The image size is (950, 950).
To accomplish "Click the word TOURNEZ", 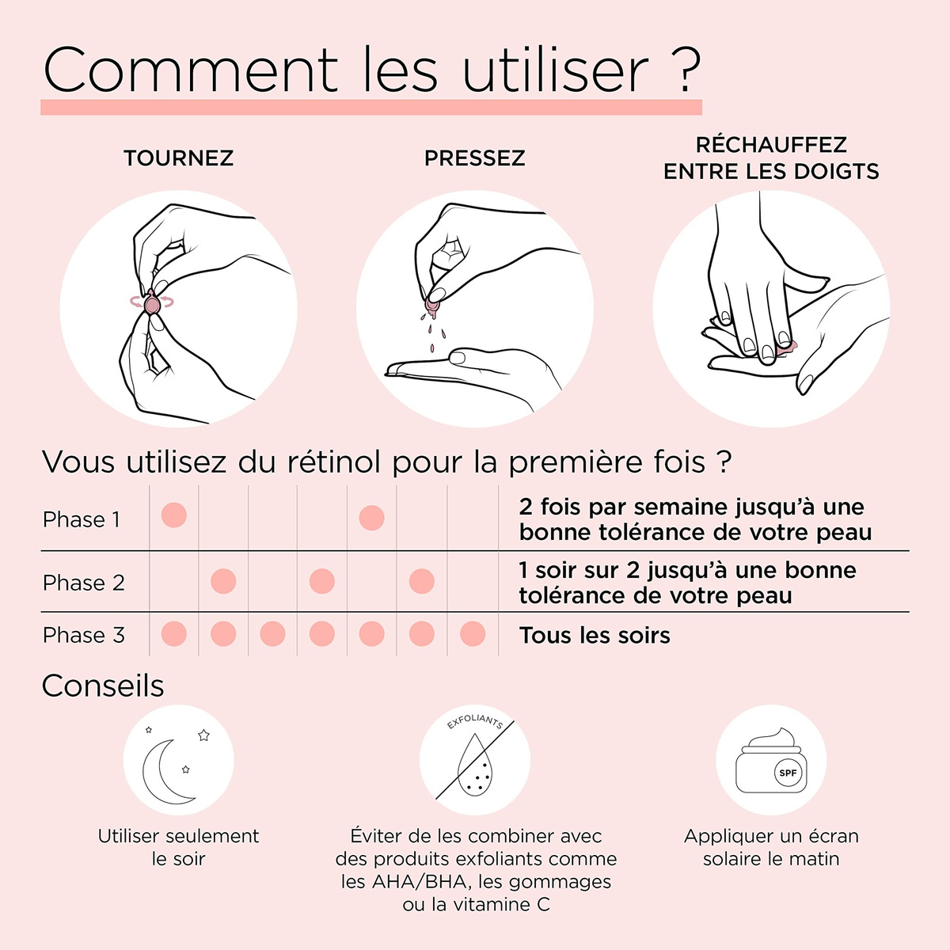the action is pyautogui.click(x=178, y=158).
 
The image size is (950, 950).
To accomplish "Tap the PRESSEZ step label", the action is pyautogui.click(x=475, y=158).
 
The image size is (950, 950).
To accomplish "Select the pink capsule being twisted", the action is pyautogui.click(x=152, y=302).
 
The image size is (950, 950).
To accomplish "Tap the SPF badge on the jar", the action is pyautogui.click(x=788, y=773).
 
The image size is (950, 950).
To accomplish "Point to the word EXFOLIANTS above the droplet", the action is pyautogui.click(x=475, y=722).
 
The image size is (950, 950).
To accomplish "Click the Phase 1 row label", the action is pyautogui.click(x=82, y=519).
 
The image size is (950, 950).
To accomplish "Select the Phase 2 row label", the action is pyautogui.click(x=84, y=583).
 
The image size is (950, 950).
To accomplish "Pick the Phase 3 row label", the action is pyautogui.click(x=84, y=635).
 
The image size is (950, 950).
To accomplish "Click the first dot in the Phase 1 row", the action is pyautogui.click(x=174, y=515).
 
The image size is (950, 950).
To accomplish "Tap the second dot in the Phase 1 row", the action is pyautogui.click(x=372, y=518).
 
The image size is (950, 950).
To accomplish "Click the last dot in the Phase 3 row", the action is pyautogui.click(x=473, y=633).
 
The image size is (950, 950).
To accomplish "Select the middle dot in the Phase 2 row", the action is pyautogui.click(x=322, y=581).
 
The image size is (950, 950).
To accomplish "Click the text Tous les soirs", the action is pyautogui.click(x=595, y=636).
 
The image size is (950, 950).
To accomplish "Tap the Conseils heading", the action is pyautogui.click(x=103, y=686).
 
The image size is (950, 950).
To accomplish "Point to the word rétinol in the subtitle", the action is pyautogui.click(x=340, y=462).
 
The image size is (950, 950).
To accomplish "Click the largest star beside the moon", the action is pyautogui.click(x=203, y=735).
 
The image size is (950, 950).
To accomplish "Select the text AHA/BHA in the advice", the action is pyautogui.click(x=419, y=881).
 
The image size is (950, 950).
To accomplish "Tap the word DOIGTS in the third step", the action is pyautogui.click(x=837, y=172).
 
